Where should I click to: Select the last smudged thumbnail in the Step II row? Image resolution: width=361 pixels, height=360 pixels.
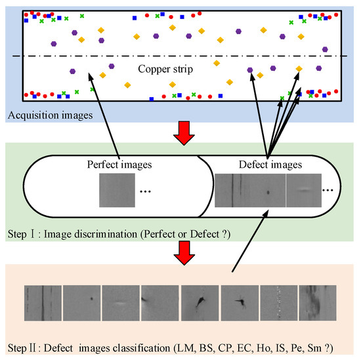(x=317, y=303)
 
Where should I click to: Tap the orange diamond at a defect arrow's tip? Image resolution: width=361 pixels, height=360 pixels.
(x=299, y=68)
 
